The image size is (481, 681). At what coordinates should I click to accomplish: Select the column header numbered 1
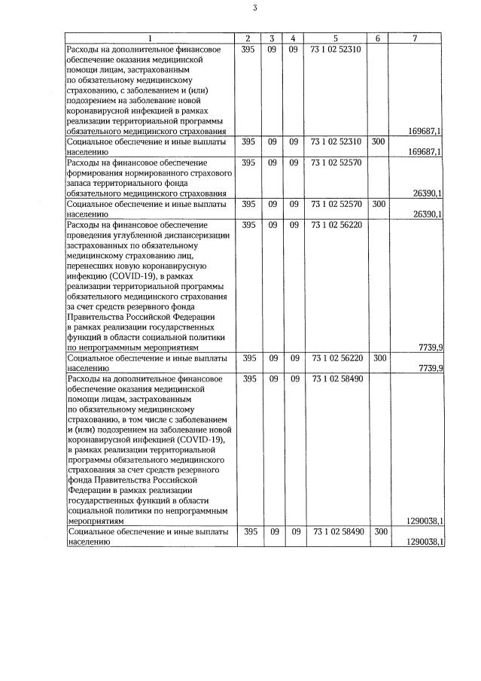(x=149, y=38)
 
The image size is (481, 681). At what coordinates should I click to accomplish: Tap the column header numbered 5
(x=335, y=38)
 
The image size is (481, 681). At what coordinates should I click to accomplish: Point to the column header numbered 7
(x=415, y=38)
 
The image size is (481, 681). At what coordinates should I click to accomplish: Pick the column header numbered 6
(x=378, y=38)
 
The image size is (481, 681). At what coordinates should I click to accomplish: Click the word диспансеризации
(x=192, y=235)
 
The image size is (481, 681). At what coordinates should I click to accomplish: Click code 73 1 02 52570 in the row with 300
(x=335, y=204)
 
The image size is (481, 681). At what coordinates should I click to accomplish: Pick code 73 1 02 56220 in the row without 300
(x=335, y=225)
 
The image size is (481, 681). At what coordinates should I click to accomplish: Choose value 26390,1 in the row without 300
(x=428, y=193)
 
